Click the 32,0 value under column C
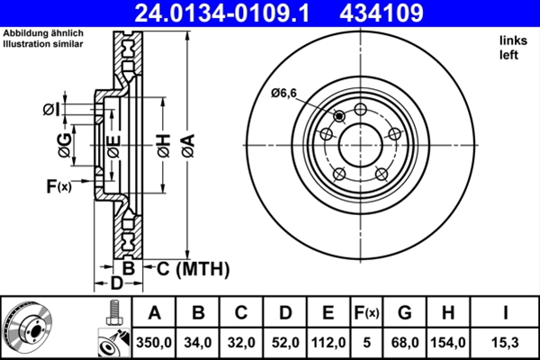242,342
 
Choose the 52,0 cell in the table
285,342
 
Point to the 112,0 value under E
328,342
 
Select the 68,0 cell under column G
404,342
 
